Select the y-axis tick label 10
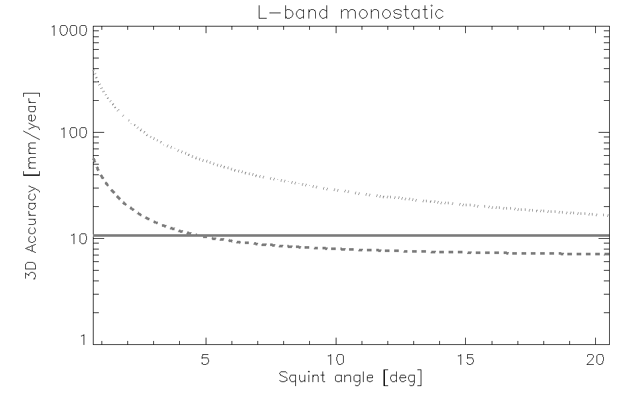78,237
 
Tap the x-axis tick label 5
206,359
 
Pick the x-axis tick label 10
336,359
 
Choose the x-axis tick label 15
466,359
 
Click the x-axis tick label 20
595,359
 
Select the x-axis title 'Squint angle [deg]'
350,379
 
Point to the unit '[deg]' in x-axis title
401,379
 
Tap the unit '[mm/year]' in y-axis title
32,129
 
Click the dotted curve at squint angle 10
336,189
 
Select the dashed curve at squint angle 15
466,253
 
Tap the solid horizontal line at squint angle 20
595,235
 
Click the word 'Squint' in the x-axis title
300,379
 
